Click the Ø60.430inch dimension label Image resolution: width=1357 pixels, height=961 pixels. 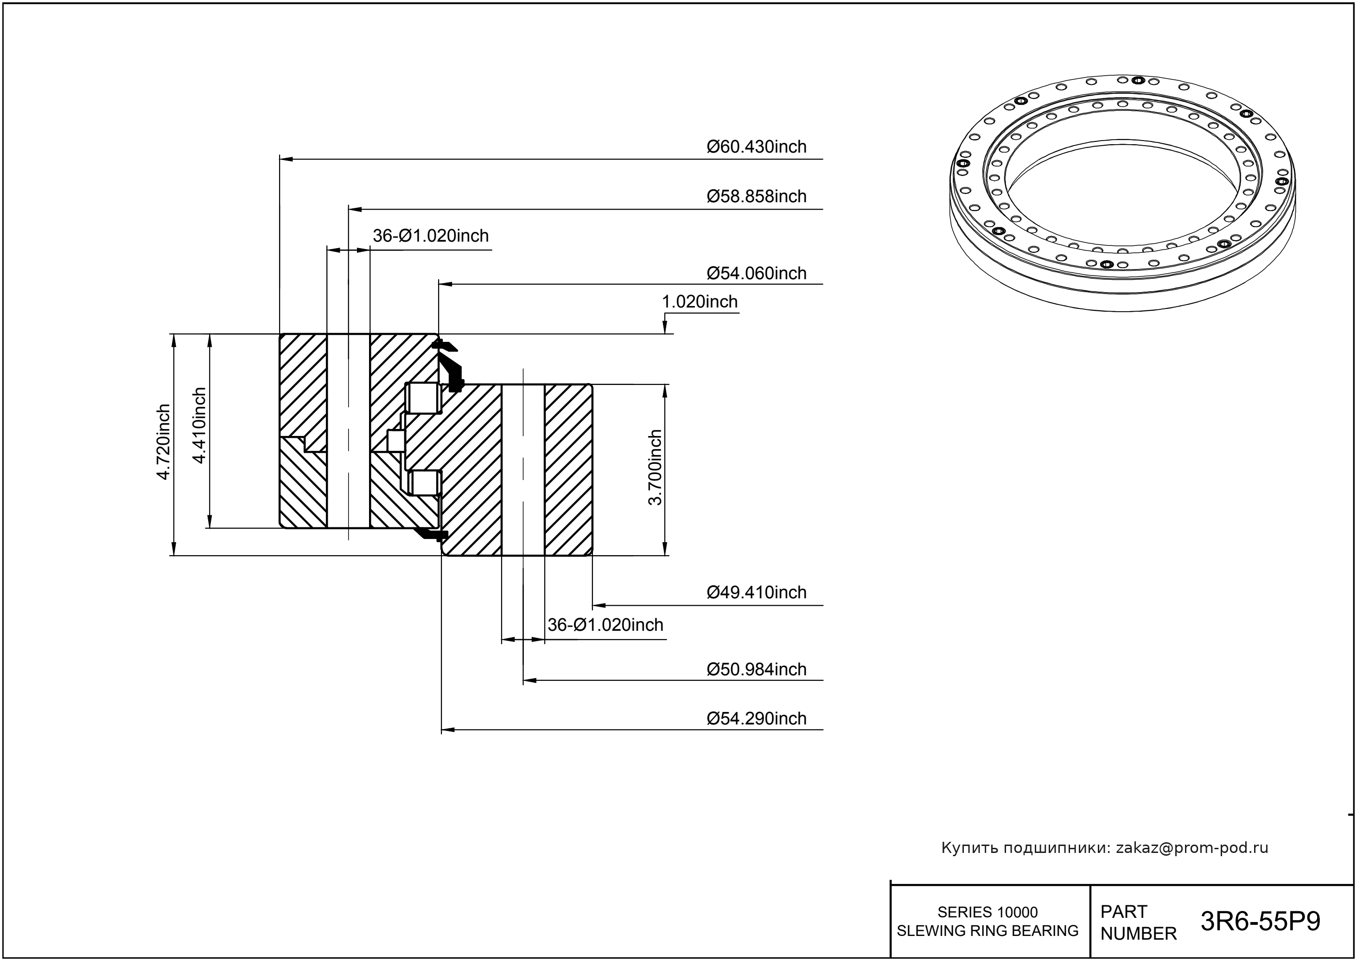point(756,147)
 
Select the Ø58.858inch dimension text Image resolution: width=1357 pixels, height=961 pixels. point(756,197)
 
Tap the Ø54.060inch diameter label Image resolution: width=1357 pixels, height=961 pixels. point(756,273)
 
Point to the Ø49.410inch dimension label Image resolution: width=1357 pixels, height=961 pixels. point(756,592)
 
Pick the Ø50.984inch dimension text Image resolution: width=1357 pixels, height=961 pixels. point(756,669)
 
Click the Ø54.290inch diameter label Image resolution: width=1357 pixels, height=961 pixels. point(756,718)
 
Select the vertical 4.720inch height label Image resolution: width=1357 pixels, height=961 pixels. point(163,442)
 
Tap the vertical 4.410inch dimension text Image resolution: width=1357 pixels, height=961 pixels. point(199,425)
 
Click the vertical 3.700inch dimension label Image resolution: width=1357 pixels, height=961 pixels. point(655,468)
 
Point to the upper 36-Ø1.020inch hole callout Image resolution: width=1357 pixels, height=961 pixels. point(431,236)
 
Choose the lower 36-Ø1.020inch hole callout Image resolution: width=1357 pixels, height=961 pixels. point(605,625)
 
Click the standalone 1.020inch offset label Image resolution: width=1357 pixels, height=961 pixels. point(699,302)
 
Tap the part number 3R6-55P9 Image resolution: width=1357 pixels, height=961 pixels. point(1260,922)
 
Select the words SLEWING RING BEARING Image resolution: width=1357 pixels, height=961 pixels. point(987,931)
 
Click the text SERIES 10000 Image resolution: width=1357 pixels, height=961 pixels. point(987,912)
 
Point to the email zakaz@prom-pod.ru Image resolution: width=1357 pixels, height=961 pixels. point(1191,848)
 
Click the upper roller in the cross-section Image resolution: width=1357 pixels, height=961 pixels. point(423,398)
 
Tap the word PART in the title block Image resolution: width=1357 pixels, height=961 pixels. point(1123,912)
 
